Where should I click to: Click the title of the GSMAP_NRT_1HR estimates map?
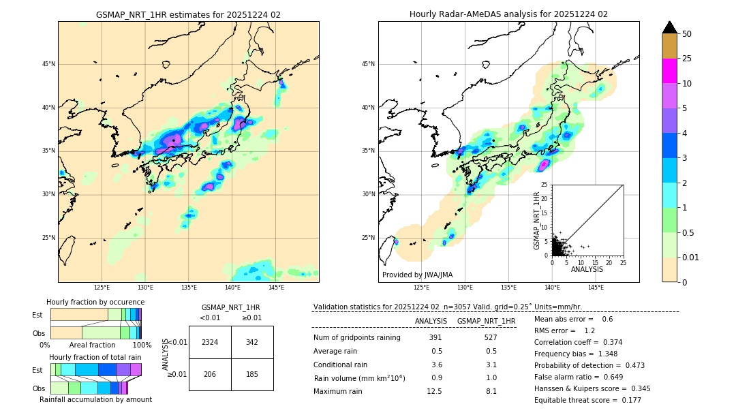pyautogui.click(x=188, y=14)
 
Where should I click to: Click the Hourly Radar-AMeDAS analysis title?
pyautogui.click(x=508, y=14)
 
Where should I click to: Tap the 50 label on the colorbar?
pyautogui.click(x=687, y=34)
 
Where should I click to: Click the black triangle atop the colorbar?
pyautogui.click(x=670, y=27)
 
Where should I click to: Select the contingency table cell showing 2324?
pyautogui.click(x=210, y=342)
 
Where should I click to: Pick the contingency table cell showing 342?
pyautogui.click(x=252, y=342)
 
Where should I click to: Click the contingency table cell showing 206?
pyautogui.click(x=210, y=375)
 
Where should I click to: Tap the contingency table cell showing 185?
pyautogui.click(x=252, y=375)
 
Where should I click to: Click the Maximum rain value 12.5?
pyautogui.click(x=435, y=391)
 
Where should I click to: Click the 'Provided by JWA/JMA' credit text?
pyautogui.click(x=417, y=275)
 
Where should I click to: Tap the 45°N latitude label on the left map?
pyautogui.click(x=48, y=64)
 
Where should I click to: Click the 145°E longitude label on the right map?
pyautogui.click(x=596, y=288)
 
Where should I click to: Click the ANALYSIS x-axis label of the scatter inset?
pyautogui.click(x=587, y=269)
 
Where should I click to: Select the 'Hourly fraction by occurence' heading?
pyautogui.click(x=95, y=302)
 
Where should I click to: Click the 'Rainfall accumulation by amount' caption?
pyautogui.click(x=95, y=399)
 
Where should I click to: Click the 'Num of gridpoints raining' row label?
pyautogui.click(x=357, y=338)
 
